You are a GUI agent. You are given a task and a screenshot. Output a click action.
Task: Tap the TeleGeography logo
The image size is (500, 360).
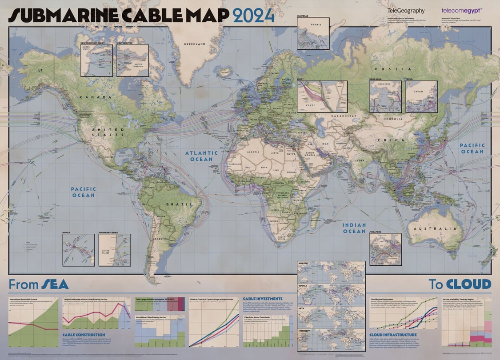[x=406, y=11]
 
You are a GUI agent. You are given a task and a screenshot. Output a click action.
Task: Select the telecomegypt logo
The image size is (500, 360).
[x=462, y=10]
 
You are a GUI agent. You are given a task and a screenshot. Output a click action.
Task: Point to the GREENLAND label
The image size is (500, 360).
[x=196, y=44]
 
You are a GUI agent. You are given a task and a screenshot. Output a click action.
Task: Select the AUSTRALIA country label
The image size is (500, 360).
[x=430, y=228]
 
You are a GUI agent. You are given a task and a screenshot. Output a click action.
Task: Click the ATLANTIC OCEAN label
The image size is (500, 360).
[x=201, y=156]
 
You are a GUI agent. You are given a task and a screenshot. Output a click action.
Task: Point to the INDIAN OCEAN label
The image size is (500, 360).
[x=354, y=228]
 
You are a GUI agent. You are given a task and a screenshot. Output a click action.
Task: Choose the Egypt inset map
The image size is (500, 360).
[x=316, y=96]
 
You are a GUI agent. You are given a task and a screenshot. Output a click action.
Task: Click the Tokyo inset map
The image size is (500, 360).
[x=421, y=96]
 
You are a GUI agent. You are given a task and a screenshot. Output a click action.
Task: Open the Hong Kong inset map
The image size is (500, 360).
[x=385, y=96]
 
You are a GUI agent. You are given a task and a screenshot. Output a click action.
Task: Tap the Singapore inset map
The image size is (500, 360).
[x=385, y=249]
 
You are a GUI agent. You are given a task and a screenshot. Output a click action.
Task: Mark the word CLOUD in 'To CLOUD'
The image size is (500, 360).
[x=469, y=284]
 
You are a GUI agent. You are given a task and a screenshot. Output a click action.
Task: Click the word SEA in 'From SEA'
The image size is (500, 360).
[x=55, y=284]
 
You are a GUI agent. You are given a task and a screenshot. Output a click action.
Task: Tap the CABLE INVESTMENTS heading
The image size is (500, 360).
[x=263, y=299]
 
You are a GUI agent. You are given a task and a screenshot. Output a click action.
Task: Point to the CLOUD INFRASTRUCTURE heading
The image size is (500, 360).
[x=393, y=335]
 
